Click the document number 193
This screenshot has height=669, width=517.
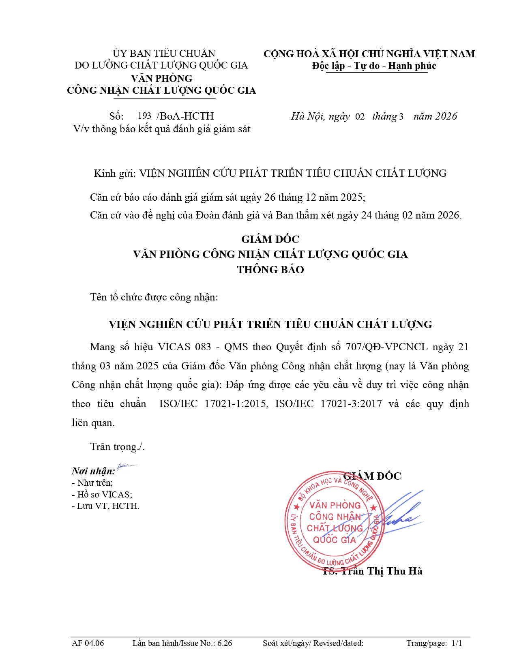(144, 116)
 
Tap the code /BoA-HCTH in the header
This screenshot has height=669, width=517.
(185, 116)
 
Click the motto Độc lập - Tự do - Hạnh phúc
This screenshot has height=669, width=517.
(374, 66)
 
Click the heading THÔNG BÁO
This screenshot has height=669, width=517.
(270, 270)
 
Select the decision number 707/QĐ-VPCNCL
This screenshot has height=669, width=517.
(386, 347)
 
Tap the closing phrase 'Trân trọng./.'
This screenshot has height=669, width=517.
(118, 447)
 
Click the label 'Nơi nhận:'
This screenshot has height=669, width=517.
(93, 471)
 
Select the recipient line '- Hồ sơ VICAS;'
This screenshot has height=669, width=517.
(102, 495)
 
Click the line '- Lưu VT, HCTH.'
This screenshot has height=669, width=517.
(105, 506)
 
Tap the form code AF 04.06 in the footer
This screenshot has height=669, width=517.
(88, 643)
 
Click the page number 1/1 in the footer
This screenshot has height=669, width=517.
(457, 643)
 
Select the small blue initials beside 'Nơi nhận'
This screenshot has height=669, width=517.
(127, 467)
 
